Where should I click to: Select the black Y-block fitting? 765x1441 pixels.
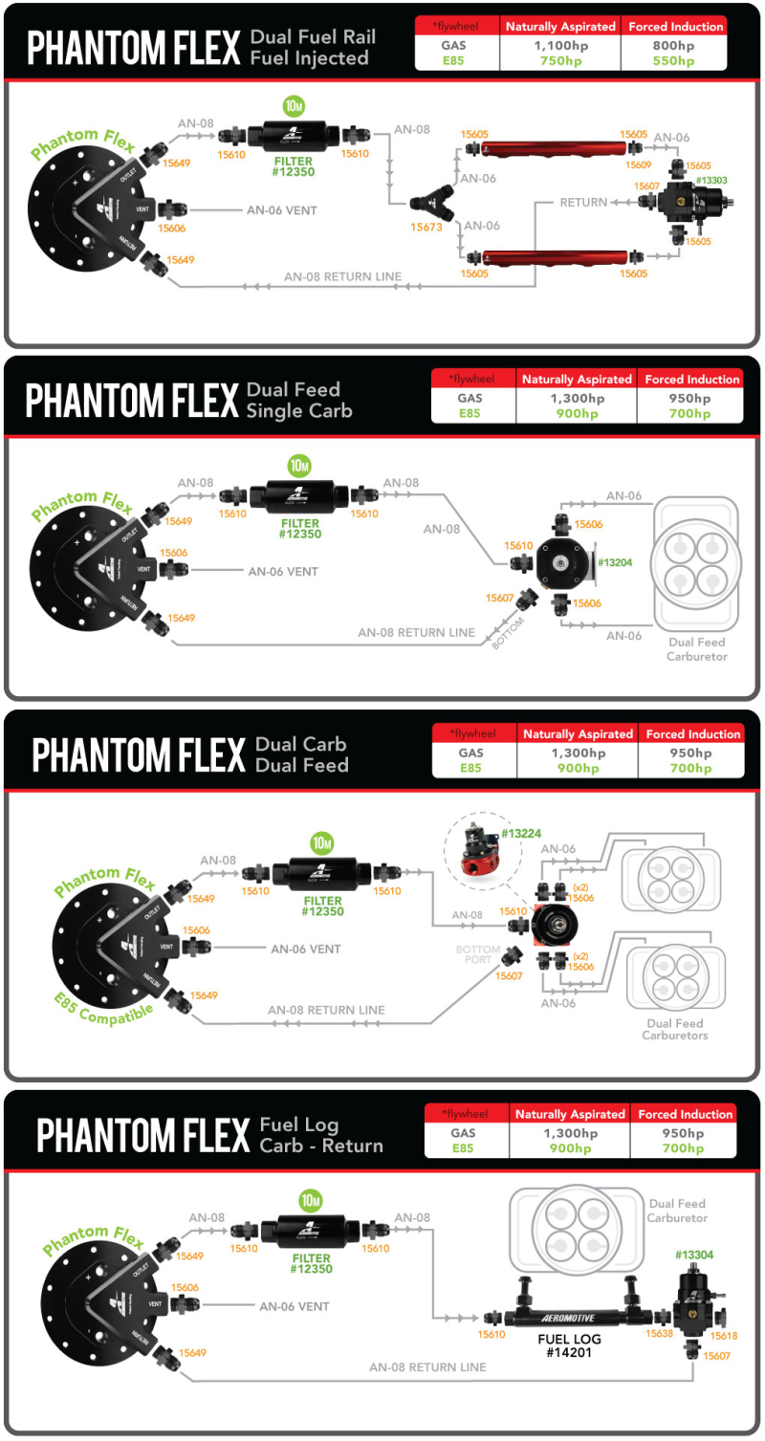[x=426, y=203]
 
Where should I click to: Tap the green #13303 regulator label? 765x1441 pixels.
[x=712, y=180]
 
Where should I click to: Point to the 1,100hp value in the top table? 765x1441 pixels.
[x=559, y=45]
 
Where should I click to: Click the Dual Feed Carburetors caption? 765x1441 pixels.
[x=675, y=1029]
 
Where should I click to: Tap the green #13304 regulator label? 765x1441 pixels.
[x=694, y=1255]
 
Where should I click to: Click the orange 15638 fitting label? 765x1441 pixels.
[x=659, y=1333]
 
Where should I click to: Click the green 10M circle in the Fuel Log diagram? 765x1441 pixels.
[x=310, y=1200]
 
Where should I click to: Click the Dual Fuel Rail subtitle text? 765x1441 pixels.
[x=313, y=38]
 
